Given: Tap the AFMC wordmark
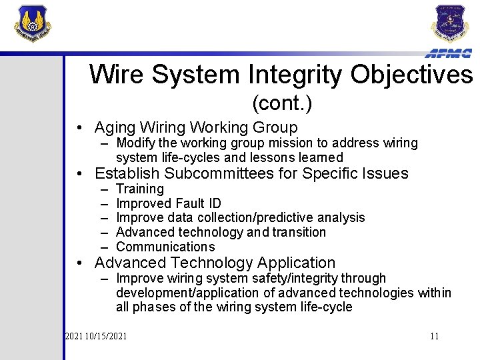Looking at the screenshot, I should tap(449, 54).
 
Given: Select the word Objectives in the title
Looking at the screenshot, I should tap(413, 75).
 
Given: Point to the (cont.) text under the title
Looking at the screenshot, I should tap(282, 104).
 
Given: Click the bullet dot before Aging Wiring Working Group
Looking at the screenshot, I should tap(79, 128).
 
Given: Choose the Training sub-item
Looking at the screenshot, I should tap(139, 189).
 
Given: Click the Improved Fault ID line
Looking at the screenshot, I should tap(168, 203).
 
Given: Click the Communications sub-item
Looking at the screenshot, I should tap(165, 247).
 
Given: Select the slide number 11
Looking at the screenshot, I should tap(434, 336).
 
